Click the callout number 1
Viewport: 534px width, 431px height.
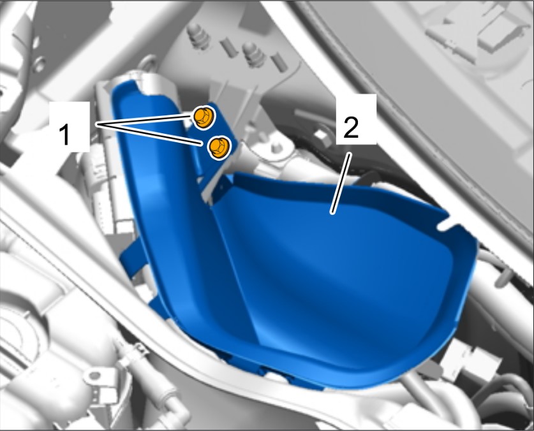(x=64, y=135)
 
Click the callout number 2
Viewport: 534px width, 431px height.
(x=351, y=127)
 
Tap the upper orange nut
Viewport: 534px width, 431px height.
(x=204, y=117)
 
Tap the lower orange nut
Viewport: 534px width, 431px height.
(x=218, y=147)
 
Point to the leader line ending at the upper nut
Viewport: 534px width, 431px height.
(x=144, y=120)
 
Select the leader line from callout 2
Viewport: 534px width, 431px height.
(x=341, y=183)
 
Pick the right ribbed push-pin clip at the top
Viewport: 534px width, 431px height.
(x=254, y=54)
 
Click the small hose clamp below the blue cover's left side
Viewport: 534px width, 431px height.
(x=135, y=350)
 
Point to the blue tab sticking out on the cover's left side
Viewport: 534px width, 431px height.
(x=132, y=254)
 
